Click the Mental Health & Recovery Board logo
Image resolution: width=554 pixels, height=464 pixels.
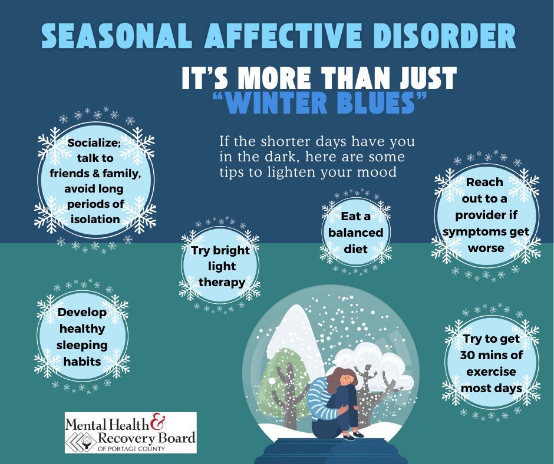(x=130, y=433)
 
